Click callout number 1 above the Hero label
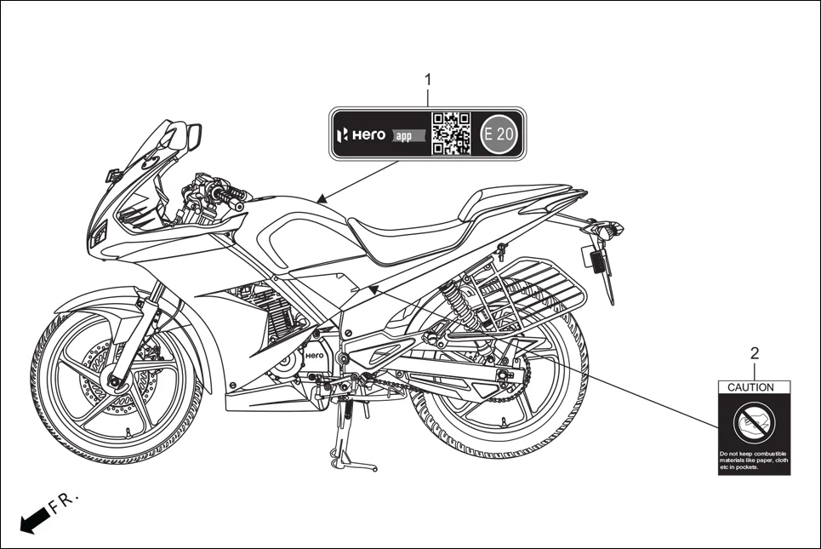pos(428,80)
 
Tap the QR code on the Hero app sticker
pos(451,134)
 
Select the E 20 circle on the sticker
pos(499,134)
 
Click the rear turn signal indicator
pos(609,228)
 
